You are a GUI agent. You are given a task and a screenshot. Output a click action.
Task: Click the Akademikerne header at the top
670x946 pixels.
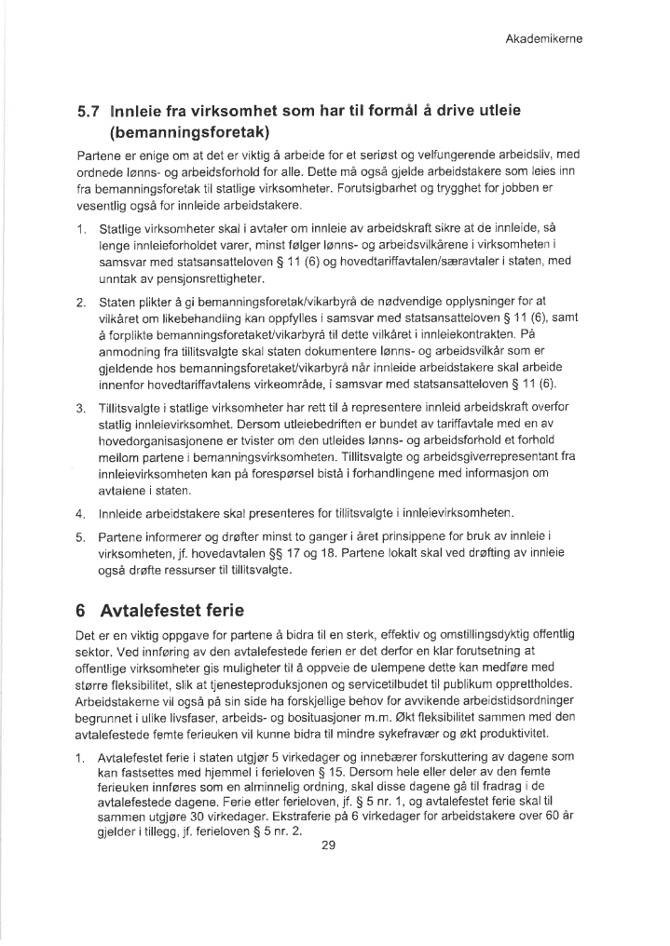543,39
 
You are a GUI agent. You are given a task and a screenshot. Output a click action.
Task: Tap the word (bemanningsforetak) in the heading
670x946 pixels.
189,132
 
